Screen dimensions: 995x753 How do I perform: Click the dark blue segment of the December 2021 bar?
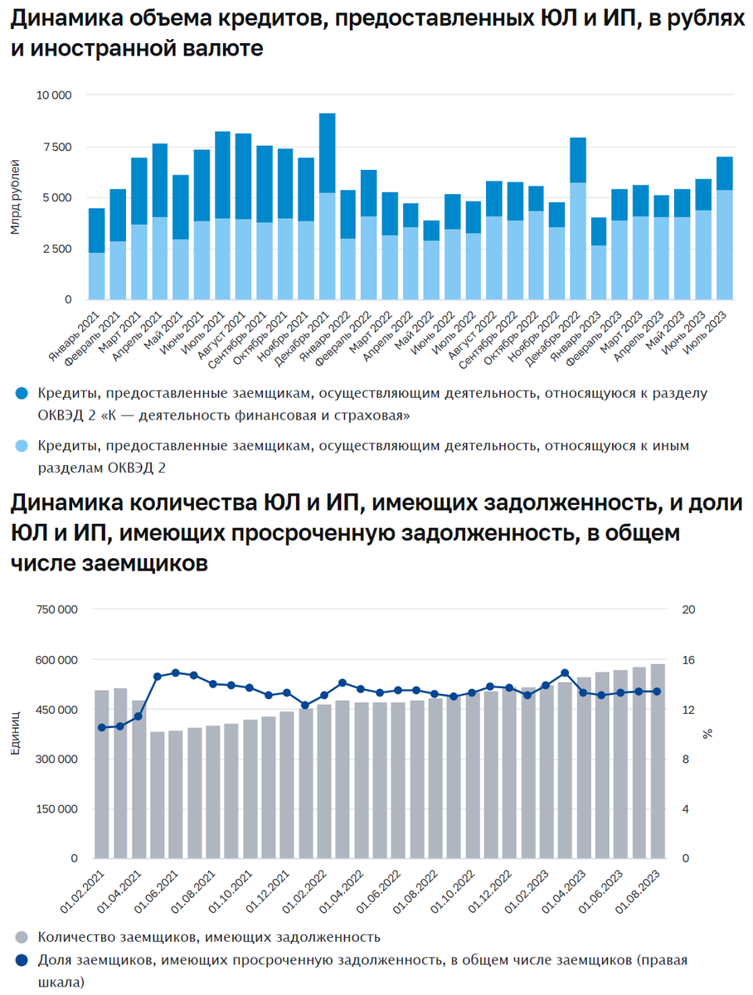click(x=328, y=153)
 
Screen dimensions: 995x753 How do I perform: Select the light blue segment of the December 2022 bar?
click(x=578, y=240)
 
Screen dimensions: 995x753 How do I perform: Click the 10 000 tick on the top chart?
click(x=55, y=95)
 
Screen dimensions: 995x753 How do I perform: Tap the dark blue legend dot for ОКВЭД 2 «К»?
click(x=22, y=393)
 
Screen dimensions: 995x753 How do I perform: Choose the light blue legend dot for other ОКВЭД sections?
click(x=22, y=447)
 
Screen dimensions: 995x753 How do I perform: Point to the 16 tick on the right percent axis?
click(x=687, y=660)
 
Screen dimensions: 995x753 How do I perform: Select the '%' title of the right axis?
click(x=707, y=734)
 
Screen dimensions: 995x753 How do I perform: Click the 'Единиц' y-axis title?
click(x=15, y=734)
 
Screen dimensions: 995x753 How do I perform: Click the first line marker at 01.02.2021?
click(x=101, y=727)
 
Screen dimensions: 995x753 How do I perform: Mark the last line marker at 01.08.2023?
click(x=657, y=692)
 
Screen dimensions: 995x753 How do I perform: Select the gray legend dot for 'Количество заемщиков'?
click(x=22, y=938)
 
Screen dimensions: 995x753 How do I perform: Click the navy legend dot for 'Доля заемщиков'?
click(x=22, y=961)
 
